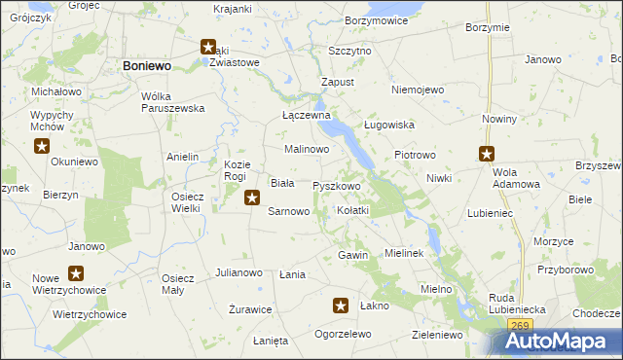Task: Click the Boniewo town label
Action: coord(148,64)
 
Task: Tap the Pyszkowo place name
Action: coord(337,186)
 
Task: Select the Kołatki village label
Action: coord(351,210)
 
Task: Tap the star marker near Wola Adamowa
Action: coord(487,154)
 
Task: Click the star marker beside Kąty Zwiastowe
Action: coord(208,46)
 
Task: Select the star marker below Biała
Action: coord(251,198)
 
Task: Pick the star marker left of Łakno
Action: coord(341,306)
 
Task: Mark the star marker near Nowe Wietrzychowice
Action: coord(75,274)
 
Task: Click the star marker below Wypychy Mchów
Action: coord(42,147)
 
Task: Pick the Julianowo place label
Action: coord(238,273)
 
